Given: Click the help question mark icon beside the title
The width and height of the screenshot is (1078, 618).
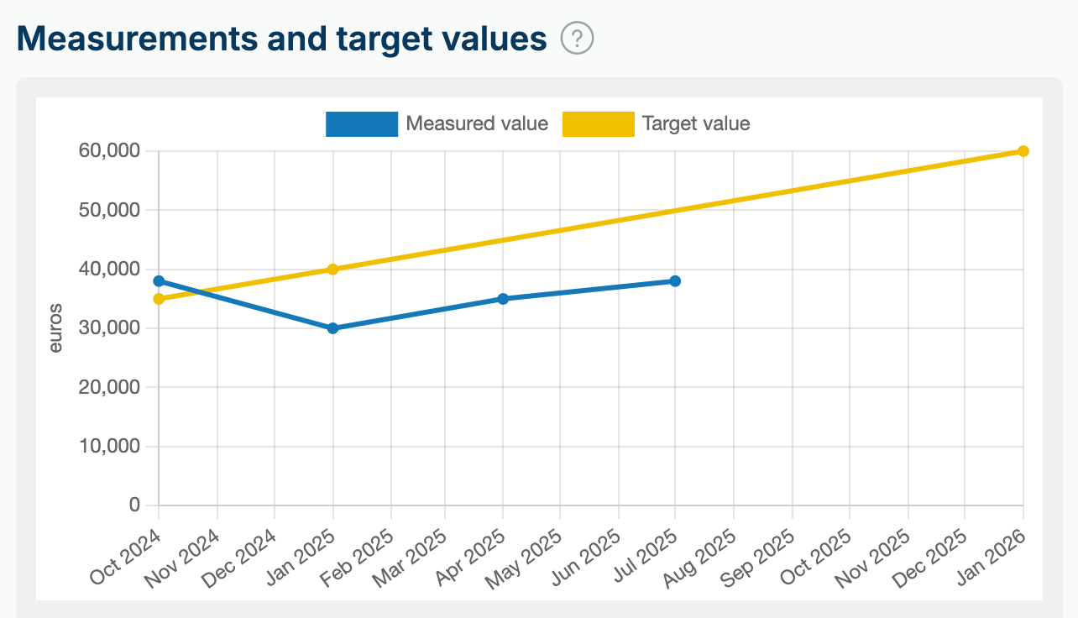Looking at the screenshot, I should click(578, 39).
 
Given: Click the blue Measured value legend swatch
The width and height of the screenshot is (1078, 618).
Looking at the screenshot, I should click(361, 124).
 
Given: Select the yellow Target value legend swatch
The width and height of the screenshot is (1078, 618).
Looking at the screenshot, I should click(598, 124).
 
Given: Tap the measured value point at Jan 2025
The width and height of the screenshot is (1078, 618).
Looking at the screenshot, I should click(332, 328).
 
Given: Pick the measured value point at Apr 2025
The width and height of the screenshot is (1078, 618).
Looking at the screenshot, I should click(503, 299).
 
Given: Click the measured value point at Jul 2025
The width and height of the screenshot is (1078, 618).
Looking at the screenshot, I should click(675, 281).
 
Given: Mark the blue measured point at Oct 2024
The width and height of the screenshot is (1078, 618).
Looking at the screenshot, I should click(159, 281).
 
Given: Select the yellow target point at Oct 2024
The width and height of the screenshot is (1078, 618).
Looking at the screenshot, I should click(159, 299).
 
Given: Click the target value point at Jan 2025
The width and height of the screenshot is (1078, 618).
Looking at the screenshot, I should click(332, 270).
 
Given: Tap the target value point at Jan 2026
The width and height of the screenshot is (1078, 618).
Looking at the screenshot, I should click(1023, 151).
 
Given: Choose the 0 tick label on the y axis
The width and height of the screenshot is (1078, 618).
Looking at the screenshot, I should click(133, 505).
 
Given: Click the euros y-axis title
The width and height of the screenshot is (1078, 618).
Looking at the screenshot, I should click(55, 328).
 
